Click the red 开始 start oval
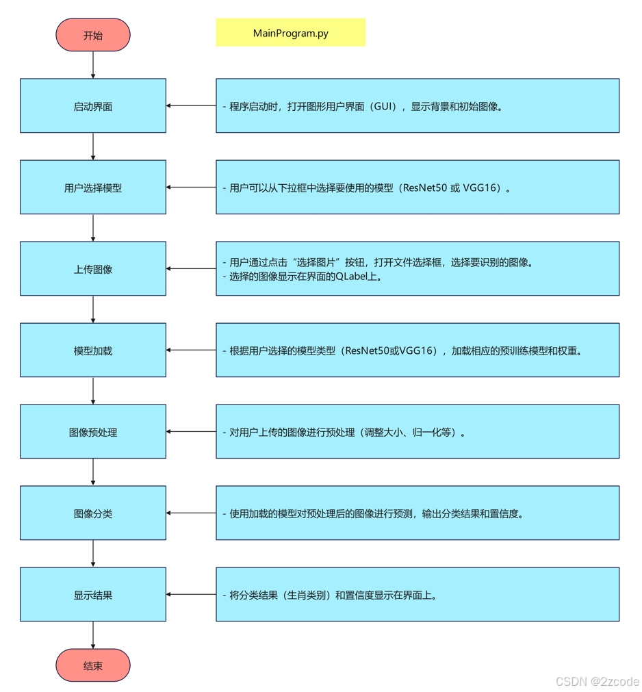pyautogui.click(x=92, y=35)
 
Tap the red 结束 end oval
pyautogui.click(x=92, y=665)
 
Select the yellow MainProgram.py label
pyautogui.click(x=290, y=32)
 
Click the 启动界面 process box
pyautogui.click(x=92, y=106)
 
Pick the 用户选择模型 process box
pyautogui.click(x=92, y=188)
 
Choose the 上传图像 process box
pyautogui.click(x=92, y=269)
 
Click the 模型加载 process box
pyautogui.click(x=92, y=350)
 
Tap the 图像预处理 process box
pyautogui.click(x=92, y=432)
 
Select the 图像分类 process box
pyautogui.click(x=92, y=513)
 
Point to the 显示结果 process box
pyautogui.click(x=92, y=595)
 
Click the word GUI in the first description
pyautogui.click(x=385, y=107)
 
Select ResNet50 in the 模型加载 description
pyautogui.click(x=368, y=351)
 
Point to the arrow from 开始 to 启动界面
pyautogui.click(x=93, y=65)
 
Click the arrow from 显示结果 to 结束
pyautogui.click(x=93, y=635)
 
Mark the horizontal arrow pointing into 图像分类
pyautogui.click(x=191, y=513)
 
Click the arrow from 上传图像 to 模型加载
pyautogui.click(x=93, y=309)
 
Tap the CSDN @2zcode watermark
pyautogui.click(x=597, y=681)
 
